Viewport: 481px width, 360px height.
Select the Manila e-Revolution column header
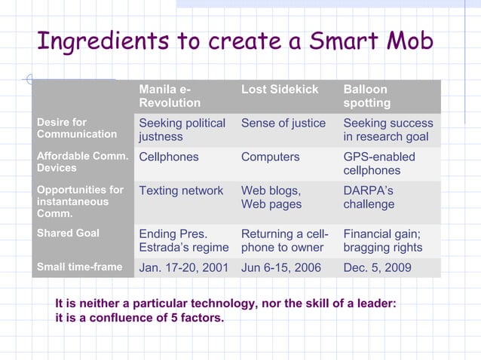point(170,96)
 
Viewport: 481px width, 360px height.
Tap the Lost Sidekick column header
point(280,90)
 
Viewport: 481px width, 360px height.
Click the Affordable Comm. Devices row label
point(79,163)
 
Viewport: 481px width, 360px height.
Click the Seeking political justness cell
point(182,130)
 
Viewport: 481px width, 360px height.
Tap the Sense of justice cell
point(283,123)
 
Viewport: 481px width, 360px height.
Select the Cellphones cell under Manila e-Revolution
point(169,157)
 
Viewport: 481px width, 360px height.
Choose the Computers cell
point(270,157)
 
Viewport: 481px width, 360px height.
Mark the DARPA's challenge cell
point(369,197)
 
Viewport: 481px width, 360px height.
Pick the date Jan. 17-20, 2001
point(183,267)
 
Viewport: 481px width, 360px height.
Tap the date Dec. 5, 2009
point(377,267)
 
